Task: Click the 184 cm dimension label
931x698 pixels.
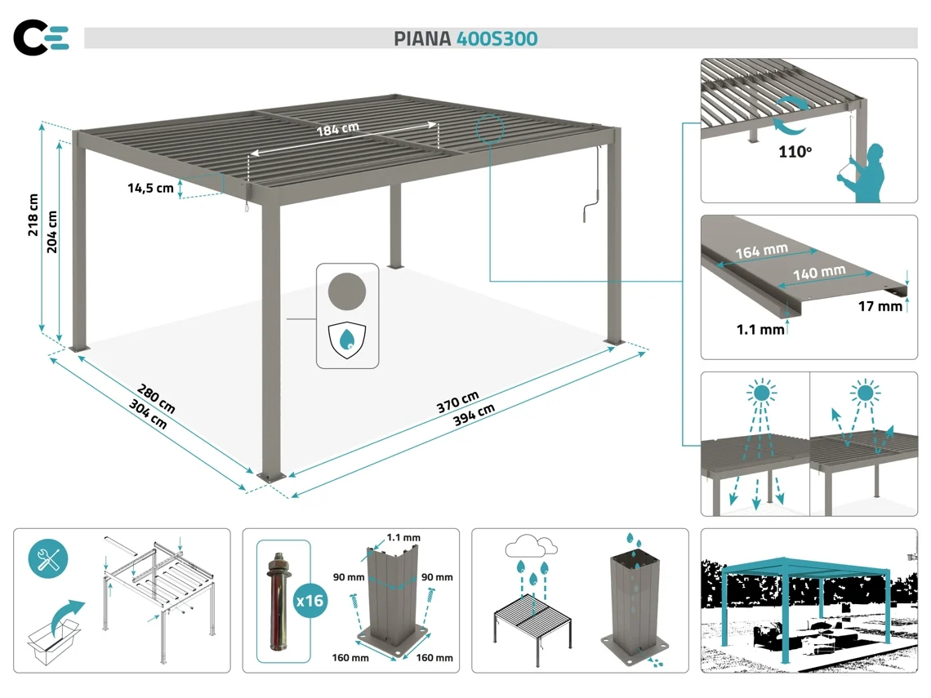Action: [x=339, y=128]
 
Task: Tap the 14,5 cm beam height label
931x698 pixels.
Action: [x=150, y=189]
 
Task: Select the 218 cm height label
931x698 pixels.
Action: [x=33, y=215]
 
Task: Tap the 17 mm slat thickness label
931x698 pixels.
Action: [x=880, y=306]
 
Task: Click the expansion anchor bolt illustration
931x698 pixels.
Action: [x=275, y=599]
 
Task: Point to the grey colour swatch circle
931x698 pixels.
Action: [x=347, y=291]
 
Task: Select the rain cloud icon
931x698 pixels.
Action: [x=531, y=545]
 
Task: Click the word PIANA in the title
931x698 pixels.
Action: [x=421, y=38]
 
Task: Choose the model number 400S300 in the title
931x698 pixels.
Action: [x=497, y=38]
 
